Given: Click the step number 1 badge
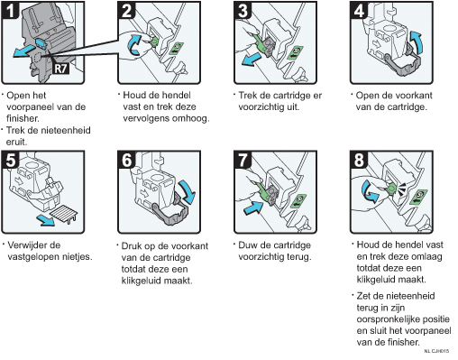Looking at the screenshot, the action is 10,10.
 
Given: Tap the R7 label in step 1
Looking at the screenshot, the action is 60,69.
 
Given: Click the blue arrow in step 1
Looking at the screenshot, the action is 24,51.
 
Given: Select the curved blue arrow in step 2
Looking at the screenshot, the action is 134,44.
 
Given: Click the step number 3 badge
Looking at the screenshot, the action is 243,10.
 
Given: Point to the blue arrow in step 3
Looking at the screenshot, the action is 252,59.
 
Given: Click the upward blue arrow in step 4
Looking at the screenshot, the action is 417,41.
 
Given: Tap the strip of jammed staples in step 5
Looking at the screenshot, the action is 64,213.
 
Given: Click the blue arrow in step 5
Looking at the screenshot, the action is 45,220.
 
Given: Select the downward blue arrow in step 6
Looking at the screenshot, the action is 188,191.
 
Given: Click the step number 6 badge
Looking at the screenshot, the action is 126,160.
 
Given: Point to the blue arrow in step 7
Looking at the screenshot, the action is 253,208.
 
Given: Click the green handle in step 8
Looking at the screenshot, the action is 390,189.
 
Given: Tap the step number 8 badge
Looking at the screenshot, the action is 359,160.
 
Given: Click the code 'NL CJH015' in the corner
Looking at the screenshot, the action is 436,351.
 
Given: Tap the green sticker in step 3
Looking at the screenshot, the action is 295,52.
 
